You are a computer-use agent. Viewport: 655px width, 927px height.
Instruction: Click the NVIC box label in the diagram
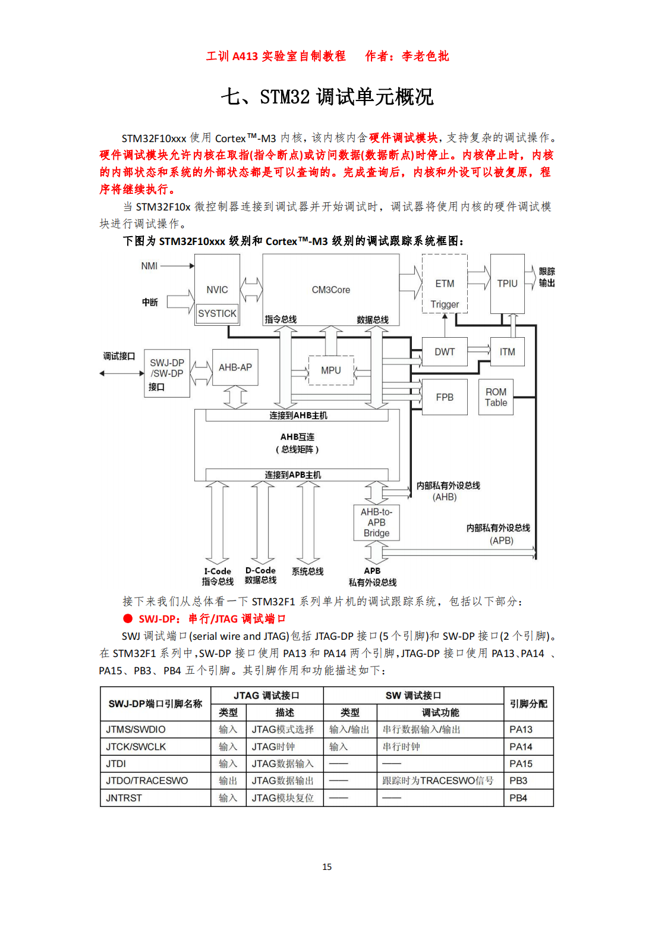pos(217,290)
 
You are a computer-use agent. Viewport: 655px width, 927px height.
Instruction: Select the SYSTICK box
pos(217,313)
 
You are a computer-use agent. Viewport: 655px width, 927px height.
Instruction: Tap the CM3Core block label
pos(330,290)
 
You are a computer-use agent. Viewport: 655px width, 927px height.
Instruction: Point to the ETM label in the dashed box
pos(445,284)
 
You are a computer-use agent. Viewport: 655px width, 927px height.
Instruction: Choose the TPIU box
pos(507,284)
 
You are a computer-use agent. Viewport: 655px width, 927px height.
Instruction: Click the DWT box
pos(445,352)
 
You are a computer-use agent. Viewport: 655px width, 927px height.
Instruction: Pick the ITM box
pos(507,352)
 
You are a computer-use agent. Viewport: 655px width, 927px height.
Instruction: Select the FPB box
pos(445,397)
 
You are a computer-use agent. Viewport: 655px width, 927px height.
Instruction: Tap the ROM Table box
pos(496,397)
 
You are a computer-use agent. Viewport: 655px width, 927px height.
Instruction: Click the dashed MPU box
pos(331,370)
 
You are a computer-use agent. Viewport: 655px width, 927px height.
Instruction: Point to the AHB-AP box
pos(235,367)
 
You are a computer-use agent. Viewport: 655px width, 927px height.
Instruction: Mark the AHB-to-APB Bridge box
pos(376,523)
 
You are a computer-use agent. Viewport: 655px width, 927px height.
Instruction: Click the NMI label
pos(149,266)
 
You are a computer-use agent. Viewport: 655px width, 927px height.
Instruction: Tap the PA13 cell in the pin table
pos(521,730)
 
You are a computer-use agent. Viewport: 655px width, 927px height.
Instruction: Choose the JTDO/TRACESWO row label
pos(147,781)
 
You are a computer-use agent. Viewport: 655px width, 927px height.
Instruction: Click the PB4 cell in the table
pos(518,798)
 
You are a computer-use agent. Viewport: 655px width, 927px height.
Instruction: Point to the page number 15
pos(327,867)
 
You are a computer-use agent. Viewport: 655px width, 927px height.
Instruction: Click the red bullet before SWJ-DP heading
pos(128,618)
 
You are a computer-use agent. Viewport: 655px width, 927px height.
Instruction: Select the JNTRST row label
pos(124,798)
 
